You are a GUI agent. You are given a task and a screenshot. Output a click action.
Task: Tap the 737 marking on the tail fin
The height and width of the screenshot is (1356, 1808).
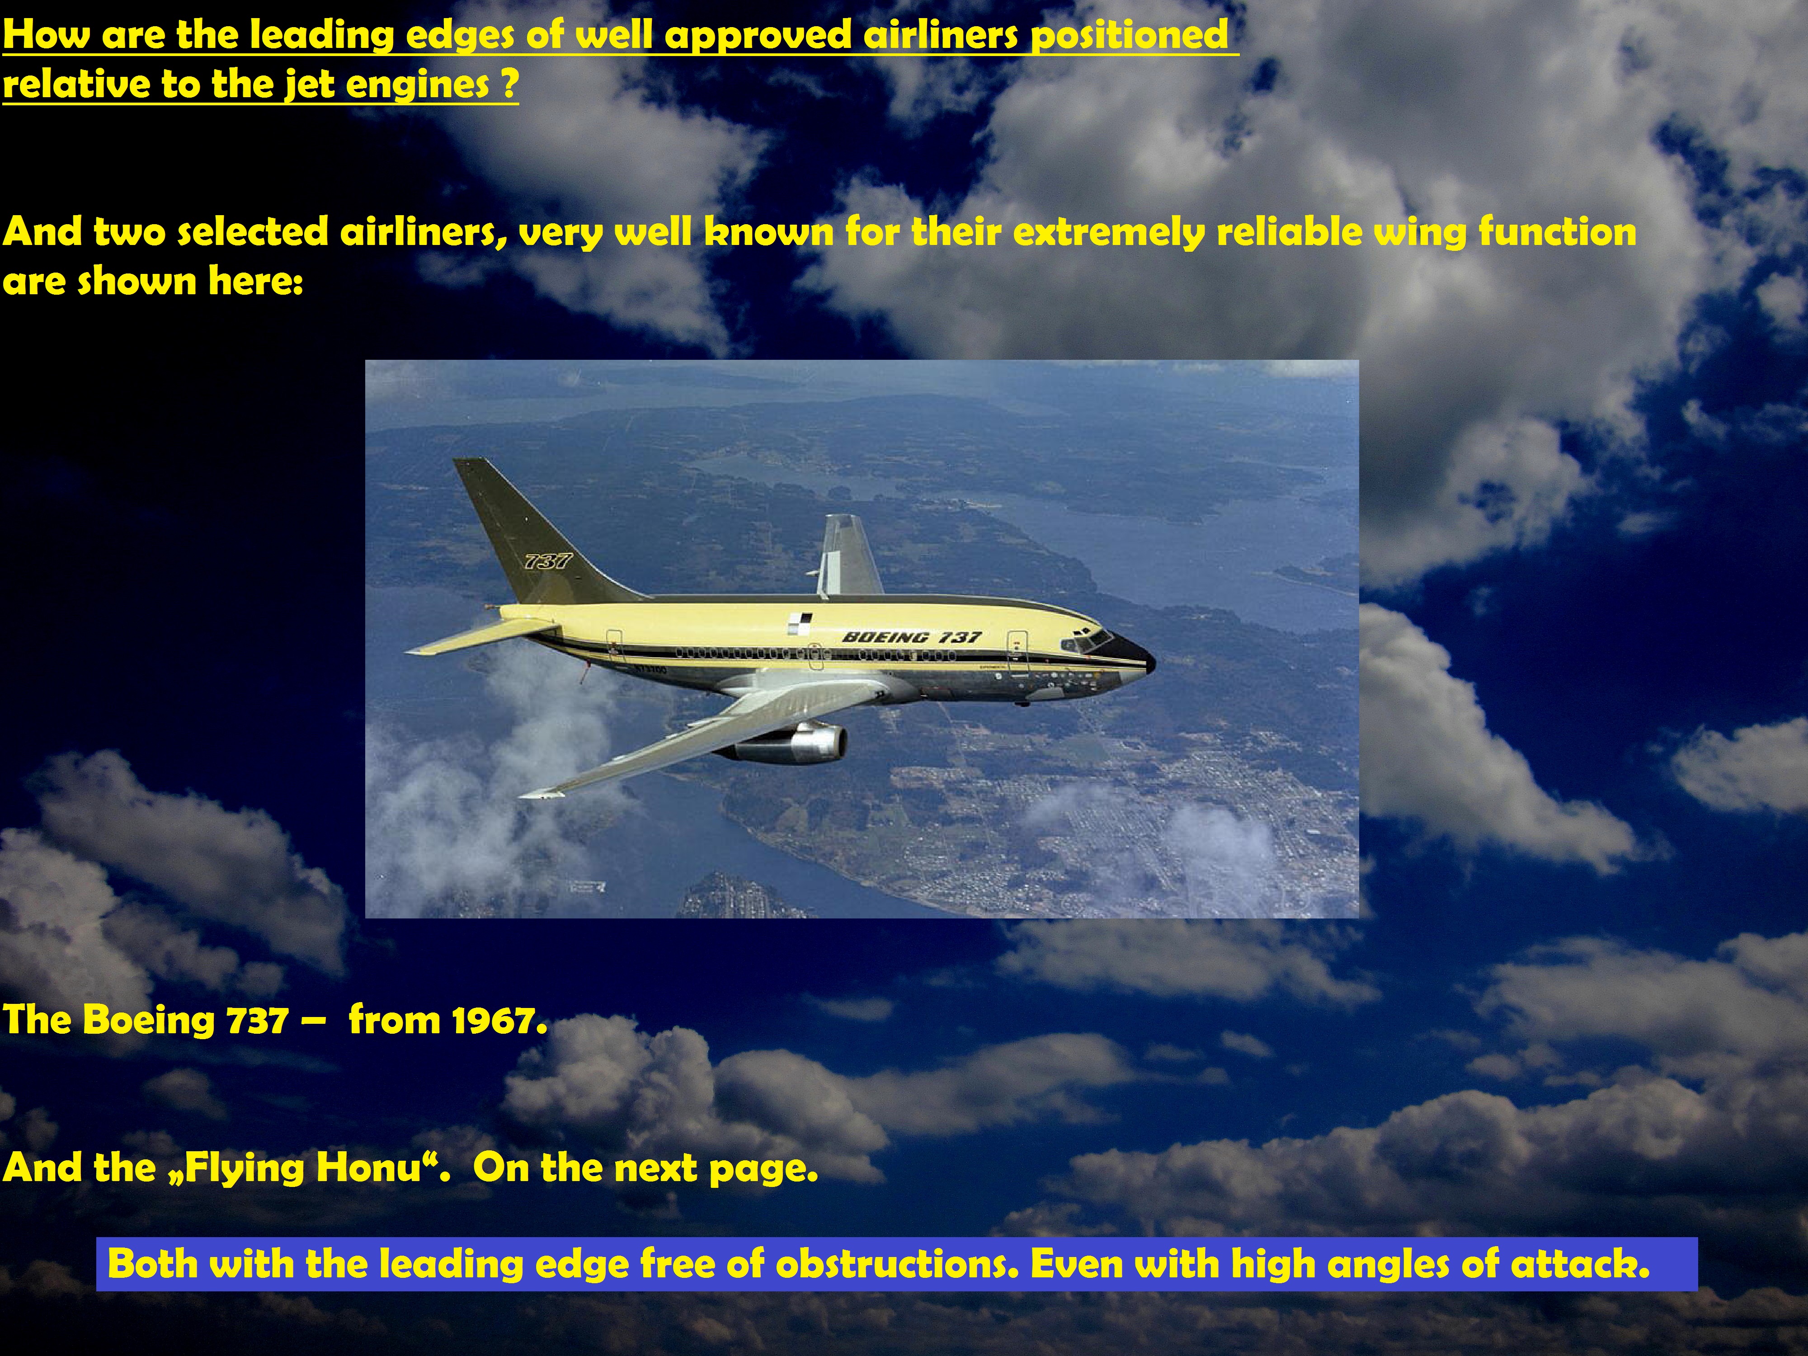(x=548, y=561)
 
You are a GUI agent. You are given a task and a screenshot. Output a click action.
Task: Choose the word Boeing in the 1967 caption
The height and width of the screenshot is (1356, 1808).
(x=150, y=1022)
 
